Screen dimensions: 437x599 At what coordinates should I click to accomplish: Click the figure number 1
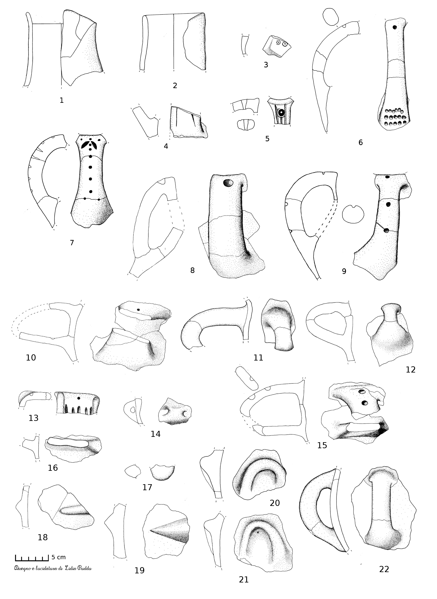point(62,100)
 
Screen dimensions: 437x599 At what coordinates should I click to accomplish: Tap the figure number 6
point(361,143)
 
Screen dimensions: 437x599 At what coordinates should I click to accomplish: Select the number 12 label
point(411,369)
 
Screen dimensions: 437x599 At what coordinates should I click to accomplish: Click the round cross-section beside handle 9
point(353,214)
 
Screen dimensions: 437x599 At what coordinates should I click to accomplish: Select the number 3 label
point(266,65)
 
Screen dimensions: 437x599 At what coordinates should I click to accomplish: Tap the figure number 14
point(156,434)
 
